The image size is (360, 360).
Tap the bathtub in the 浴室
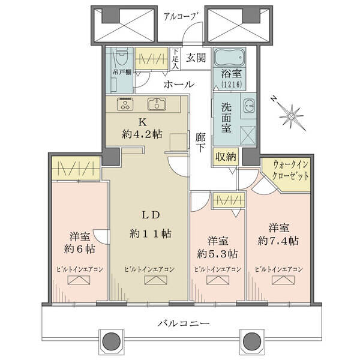(x=229, y=58)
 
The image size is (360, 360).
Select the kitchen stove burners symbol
(x=125, y=104)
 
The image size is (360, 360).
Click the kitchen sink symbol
(x=157, y=104)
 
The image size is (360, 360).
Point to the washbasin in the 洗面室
(x=248, y=107)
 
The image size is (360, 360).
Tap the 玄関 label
(x=196, y=58)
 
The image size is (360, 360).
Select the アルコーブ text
(x=181, y=17)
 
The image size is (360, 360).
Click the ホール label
(x=179, y=84)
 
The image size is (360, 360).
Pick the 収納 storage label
(x=226, y=157)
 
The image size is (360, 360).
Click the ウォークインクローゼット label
(x=290, y=170)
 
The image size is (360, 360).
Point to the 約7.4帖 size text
(x=278, y=241)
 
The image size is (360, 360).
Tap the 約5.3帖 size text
(x=217, y=254)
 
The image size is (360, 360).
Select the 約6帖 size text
(x=80, y=249)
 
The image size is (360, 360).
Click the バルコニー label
(x=184, y=323)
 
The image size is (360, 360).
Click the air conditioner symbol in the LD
(x=156, y=280)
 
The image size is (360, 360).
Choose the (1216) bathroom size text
(x=232, y=85)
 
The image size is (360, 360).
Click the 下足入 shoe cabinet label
(x=175, y=58)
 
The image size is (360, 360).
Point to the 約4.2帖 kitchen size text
(x=142, y=134)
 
